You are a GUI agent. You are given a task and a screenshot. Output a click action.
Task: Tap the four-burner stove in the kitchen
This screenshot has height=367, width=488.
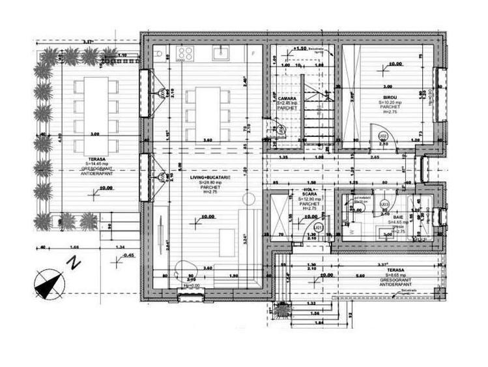click(184, 53)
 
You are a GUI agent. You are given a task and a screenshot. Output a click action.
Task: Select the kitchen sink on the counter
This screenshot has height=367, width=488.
click(222, 51)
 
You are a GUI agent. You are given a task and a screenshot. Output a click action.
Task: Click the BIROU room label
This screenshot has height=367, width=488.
click(389, 96)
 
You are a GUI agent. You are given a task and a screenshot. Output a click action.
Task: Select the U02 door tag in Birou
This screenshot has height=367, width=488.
click(384, 136)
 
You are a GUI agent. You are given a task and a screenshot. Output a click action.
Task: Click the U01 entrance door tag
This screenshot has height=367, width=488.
click(317, 227)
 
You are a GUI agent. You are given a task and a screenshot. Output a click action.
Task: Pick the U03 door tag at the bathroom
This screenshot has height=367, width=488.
click(384, 204)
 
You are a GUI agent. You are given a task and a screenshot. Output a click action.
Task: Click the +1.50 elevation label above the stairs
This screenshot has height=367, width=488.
click(300, 49)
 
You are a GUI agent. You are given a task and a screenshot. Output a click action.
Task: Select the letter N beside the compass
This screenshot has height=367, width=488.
click(76, 264)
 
